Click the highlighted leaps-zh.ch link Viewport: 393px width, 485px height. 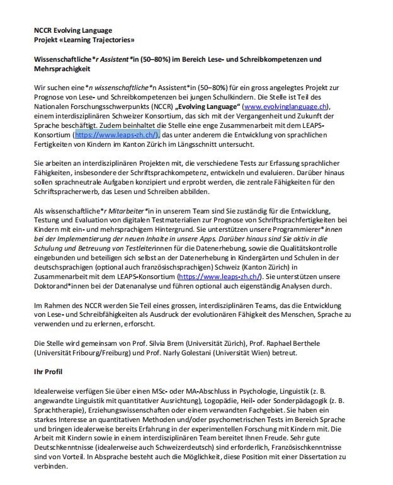pyautogui.click(x=118, y=135)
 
